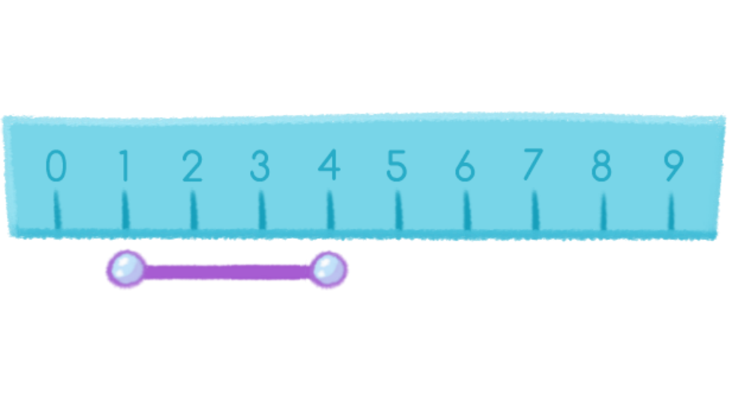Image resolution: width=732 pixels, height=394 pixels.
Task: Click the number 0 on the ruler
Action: point(56,167)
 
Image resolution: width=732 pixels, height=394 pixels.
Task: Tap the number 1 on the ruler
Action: point(124,167)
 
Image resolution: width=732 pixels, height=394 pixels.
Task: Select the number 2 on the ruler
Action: point(192,167)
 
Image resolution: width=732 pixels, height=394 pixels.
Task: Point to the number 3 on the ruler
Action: point(260,167)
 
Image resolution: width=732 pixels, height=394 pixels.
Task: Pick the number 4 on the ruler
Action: point(328,167)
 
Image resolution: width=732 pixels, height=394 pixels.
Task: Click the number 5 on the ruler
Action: point(396,167)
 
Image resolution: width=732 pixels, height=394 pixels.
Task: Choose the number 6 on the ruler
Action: point(465,167)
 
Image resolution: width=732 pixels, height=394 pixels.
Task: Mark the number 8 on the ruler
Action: point(601,167)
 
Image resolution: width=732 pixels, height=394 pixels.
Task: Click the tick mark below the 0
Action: point(56,211)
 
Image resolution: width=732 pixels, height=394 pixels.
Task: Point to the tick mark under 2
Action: point(193,211)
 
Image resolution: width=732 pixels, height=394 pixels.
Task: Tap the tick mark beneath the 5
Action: point(398,211)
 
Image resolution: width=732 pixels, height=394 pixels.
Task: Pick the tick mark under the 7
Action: point(535,211)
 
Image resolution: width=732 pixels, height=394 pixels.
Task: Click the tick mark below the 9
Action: point(672,211)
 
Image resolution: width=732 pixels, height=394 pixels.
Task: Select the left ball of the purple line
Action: point(126,269)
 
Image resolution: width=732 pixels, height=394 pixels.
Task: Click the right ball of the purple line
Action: point(328,269)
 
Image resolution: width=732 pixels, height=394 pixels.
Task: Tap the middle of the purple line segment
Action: point(227,271)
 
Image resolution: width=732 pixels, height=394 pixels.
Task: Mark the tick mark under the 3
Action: point(261,211)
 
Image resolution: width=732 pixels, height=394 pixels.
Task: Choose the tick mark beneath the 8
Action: point(603,211)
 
